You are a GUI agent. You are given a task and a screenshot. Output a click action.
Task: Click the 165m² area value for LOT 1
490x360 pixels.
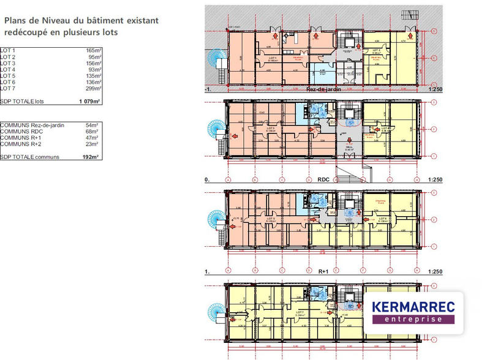[93, 51]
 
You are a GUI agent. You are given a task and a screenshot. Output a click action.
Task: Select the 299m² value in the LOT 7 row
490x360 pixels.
[93, 88]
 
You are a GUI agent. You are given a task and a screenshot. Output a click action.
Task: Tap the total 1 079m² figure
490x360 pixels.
[89, 101]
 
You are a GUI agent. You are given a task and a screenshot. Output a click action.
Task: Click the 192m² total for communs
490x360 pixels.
[91, 157]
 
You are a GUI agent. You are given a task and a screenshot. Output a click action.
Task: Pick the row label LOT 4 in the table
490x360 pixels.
[8, 70]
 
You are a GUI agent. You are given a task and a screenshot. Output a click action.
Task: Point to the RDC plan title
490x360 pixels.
[324, 180]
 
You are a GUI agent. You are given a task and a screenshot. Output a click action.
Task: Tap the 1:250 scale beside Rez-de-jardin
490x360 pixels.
[433, 90]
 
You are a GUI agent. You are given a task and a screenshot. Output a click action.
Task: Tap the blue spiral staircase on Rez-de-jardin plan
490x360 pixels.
[216, 59]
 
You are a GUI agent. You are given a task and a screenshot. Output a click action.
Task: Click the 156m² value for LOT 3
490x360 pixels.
[93, 64]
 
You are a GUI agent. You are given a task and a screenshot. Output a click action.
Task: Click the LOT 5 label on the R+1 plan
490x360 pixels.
[271, 218]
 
